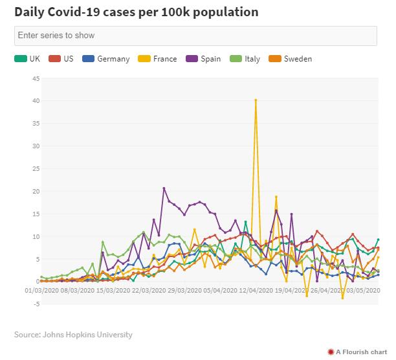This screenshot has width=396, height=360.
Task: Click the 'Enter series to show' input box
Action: pyautogui.click(x=195, y=36)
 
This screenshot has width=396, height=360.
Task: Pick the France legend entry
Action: pyautogui.click(x=159, y=59)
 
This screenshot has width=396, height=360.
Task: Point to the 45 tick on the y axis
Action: pyautogui.click(x=36, y=79)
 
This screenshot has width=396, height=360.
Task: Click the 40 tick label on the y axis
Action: pyautogui.click(x=36, y=101)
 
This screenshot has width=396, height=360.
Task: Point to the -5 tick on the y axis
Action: pyautogui.click(x=37, y=304)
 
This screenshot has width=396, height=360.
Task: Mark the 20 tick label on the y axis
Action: pyautogui.click(x=36, y=192)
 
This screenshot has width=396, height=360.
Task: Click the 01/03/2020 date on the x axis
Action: pyautogui.click(x=43, y=291)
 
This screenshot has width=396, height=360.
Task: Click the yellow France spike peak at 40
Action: pyautogui.click(x=256, y=100)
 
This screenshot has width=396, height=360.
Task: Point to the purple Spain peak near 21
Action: pyautogui.click(x=164, y=188)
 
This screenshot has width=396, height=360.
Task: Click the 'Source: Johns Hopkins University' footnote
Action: pyautogui.click(x=73, y=335)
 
